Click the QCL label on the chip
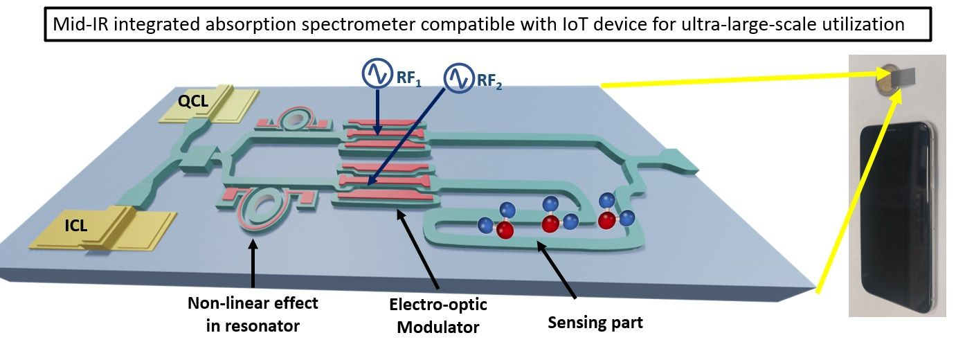click(x=192, y=102)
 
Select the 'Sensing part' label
click(x=595, y=322)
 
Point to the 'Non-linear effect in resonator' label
click(x=253, y=314)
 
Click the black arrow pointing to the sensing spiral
click(x=561, y=274)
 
